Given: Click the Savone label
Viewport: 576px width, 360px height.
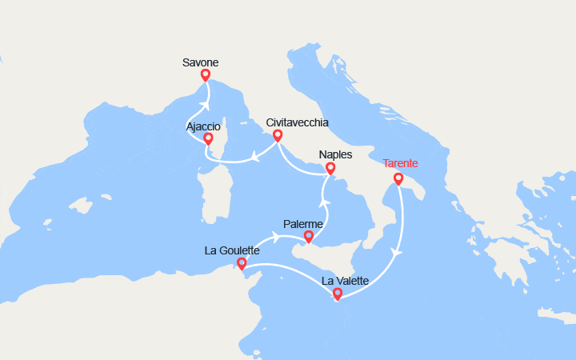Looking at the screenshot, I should [200, 62].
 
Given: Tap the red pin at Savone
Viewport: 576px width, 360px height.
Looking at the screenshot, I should [206, 75].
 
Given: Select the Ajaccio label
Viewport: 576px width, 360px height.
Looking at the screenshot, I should [204, 126].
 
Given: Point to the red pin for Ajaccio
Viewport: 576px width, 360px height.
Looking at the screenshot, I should [209, 139].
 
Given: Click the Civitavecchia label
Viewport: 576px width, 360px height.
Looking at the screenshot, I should [298, 122].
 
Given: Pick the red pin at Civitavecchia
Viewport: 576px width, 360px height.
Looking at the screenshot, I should [278, 136].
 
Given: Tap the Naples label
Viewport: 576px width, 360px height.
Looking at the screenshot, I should [335, 154].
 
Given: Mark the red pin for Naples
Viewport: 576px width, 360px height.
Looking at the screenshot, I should [330, 168].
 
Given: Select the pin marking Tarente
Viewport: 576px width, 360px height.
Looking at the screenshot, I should [398, 178].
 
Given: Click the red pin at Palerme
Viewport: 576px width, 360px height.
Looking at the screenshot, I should [308, 236].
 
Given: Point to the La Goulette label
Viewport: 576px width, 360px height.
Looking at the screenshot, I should [232, 250].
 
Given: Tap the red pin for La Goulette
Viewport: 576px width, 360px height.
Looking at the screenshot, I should [242, 262].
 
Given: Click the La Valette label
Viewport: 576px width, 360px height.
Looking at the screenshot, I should [345, 281].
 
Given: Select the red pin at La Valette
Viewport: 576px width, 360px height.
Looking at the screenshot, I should [338, 294].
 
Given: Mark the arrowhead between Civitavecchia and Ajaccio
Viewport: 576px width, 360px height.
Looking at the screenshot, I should [254, 156].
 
